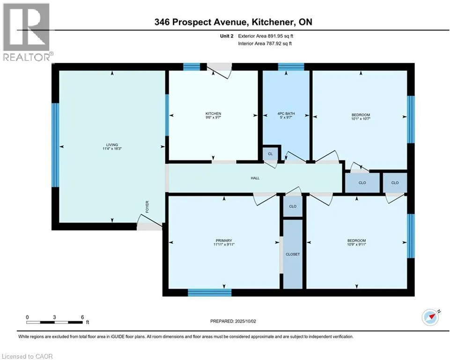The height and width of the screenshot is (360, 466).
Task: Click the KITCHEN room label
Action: [213, 113]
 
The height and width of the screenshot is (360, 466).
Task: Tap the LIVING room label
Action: [112, 145]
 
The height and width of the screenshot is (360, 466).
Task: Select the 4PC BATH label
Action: [286, 113]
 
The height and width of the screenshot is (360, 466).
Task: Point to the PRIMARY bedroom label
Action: [224, 240]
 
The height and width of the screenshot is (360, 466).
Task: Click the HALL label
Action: [255, 178]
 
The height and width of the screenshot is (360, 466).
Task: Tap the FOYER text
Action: [147, 207]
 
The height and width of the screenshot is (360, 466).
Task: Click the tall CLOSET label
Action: [293, 255]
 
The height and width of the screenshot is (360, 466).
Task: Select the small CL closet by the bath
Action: [270, 154]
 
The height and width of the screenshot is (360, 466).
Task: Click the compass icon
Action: [430, 317]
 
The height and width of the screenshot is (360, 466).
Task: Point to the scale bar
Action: [54, 322]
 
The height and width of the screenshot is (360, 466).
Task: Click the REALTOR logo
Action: [27, 32]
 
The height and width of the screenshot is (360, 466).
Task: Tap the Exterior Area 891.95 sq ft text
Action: [266, 36]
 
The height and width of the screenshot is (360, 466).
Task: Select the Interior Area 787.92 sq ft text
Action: [265, 44]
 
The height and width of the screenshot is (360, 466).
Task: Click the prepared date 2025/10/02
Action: [245, 321]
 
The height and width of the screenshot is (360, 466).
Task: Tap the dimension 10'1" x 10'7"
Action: [361, 119]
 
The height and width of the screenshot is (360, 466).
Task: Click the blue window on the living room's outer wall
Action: [55, 145]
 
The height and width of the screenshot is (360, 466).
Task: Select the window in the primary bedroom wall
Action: [209, 293]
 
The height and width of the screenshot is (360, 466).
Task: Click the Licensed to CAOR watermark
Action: [27, 356]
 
